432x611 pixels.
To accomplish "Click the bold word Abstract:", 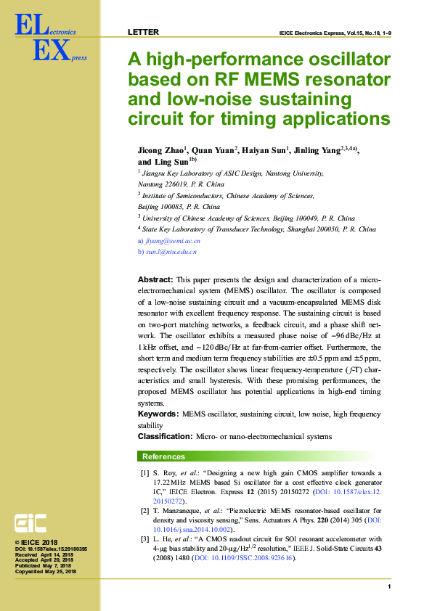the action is [155, 279].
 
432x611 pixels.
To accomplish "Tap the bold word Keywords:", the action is [158, 414].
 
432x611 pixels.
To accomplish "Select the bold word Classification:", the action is [165, 437].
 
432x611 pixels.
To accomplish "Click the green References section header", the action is [163, 457].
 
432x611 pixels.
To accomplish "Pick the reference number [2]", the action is [145, 511].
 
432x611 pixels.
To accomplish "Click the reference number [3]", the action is [145, 539].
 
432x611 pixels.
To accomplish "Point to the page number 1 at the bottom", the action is [390, 586].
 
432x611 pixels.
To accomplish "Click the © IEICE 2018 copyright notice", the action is [36, 542].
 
